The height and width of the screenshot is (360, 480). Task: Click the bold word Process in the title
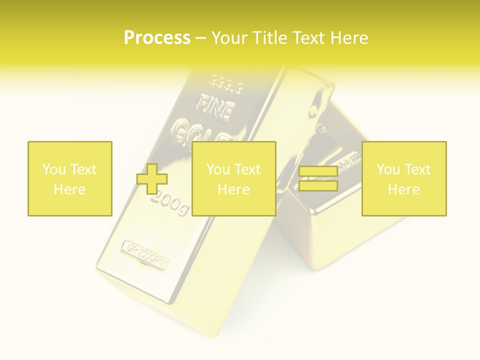tap(157, 38)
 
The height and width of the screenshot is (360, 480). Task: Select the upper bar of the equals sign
tap(318, 171)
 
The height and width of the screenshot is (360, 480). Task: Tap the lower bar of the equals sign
tap(318, 186)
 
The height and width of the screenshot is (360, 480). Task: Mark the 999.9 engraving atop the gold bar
tap(225, 83)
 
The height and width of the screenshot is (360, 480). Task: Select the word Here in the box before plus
tap(70, 189)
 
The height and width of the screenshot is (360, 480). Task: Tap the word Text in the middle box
tap(247, 169)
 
